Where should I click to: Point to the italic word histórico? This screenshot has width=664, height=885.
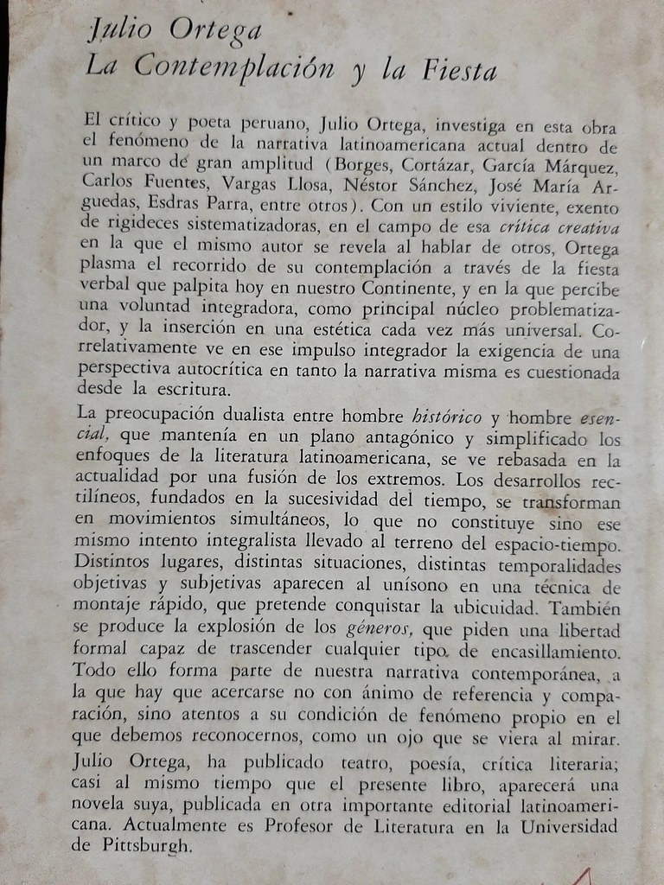[x=437, y=419]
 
